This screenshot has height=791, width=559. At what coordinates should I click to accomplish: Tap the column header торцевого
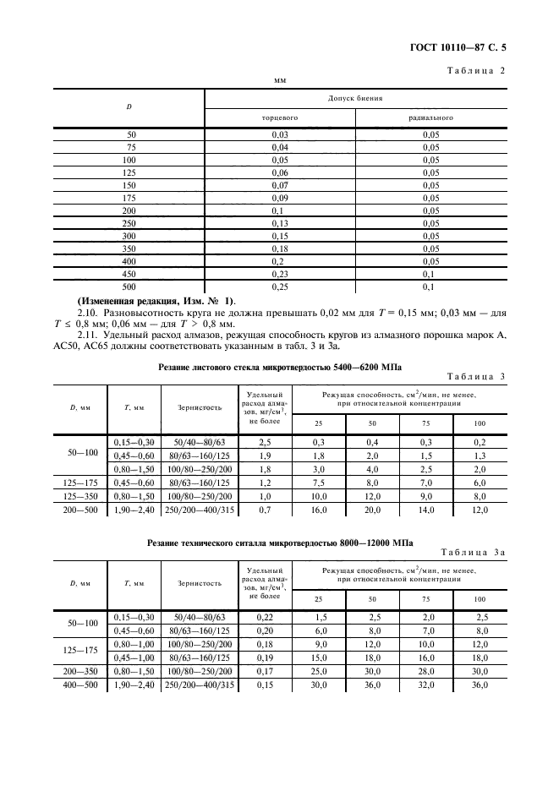(280, 117)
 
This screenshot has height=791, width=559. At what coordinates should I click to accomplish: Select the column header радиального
(431, 117)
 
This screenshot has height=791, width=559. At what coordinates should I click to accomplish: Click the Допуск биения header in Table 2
(355, 98)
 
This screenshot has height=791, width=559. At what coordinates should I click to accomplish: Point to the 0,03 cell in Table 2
(280, 135)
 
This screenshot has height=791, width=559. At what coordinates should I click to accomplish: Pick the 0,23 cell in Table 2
(280, 274)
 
